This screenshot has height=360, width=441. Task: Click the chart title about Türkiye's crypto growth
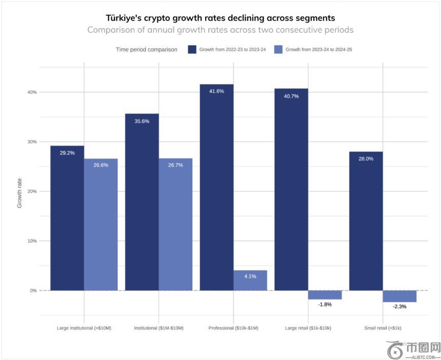click(220, 18)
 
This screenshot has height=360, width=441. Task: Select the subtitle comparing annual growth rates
click(220, 30)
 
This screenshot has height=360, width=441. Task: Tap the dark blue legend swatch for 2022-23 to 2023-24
click(192, 50)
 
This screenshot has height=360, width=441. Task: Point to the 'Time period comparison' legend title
click(147, 50)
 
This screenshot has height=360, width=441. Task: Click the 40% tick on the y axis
click(32, 92)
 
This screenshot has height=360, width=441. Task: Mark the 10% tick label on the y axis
click(32, 241)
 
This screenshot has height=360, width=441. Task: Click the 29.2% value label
click(67, 153)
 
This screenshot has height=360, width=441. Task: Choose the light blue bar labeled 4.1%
click(250, 281)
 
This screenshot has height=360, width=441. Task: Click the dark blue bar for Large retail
click(291, 190)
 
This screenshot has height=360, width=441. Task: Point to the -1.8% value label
click(325, 305)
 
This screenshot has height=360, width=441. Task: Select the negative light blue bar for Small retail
click(399, 296)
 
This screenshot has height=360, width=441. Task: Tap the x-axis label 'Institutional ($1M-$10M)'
click(158, 328)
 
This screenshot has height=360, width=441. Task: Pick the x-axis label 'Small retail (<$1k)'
click(383, 328)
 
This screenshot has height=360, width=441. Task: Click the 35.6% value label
click(142, 121)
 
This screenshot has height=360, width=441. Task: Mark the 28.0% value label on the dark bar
click(366, 159)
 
